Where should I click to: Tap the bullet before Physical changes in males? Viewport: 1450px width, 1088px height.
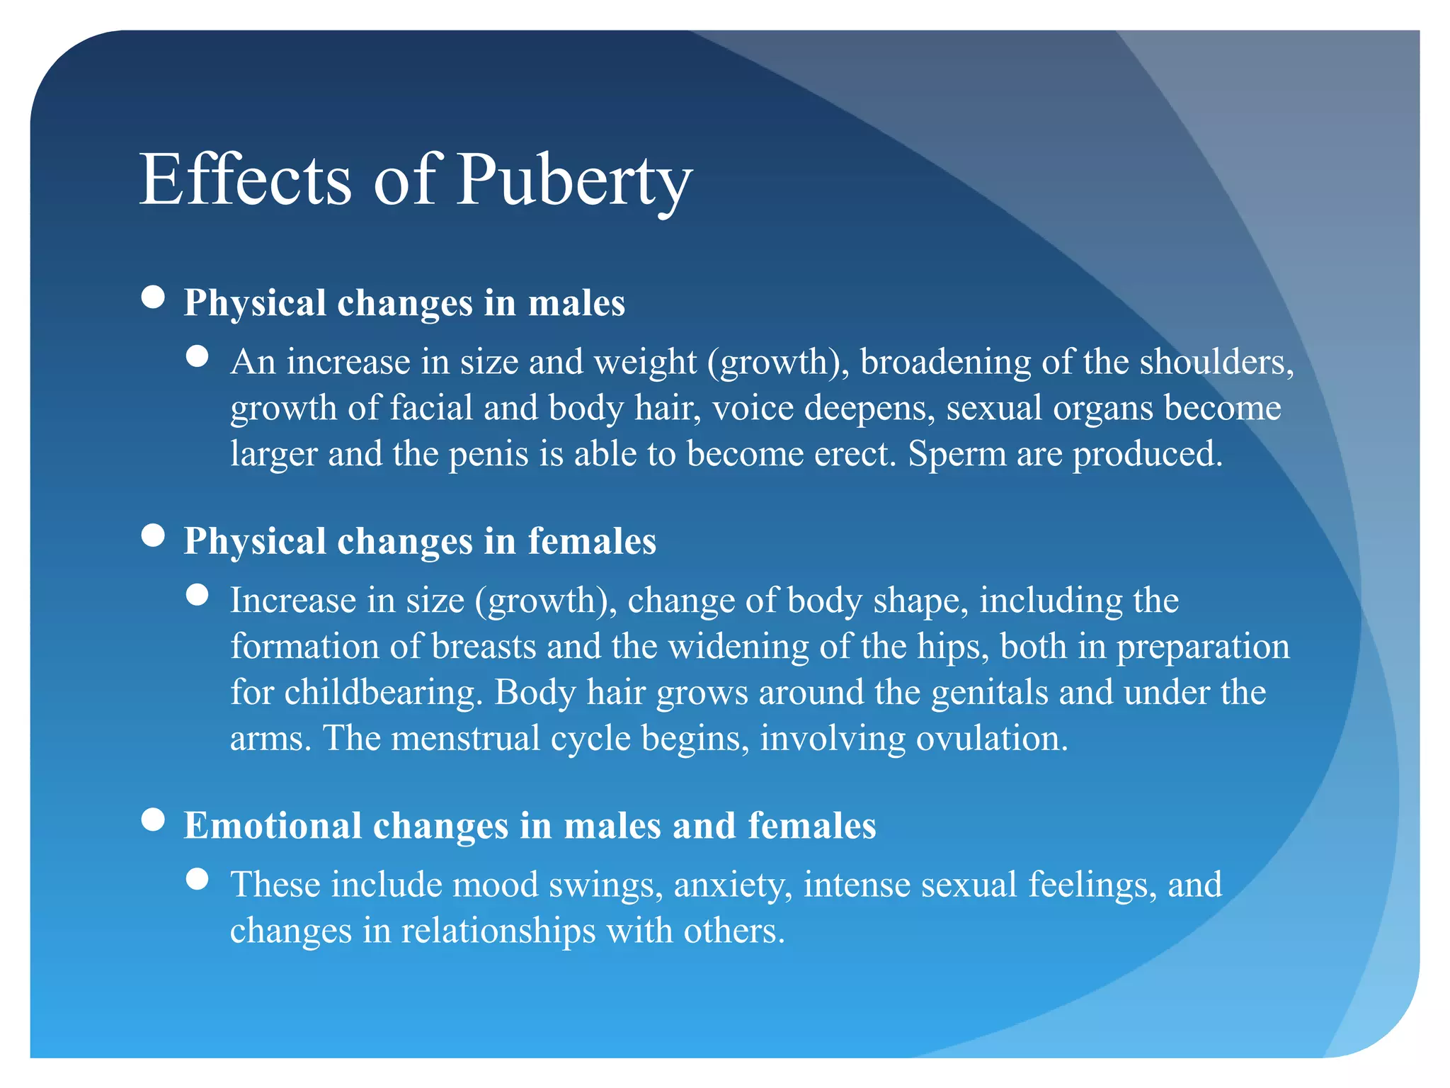153,297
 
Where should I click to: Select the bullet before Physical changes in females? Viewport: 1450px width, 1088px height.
153,535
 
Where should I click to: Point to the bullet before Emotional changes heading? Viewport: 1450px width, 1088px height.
153,820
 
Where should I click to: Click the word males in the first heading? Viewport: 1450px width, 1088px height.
576,303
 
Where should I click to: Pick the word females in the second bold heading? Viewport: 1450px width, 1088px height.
592,541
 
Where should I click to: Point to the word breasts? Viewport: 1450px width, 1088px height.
484,647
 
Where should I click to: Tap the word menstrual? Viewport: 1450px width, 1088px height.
466,739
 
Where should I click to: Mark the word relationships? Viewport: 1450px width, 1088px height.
498,931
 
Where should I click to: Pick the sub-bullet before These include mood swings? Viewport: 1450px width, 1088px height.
198,879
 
